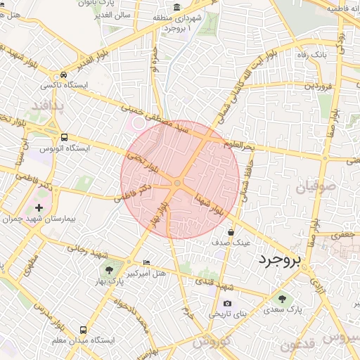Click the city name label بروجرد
click(279, 260)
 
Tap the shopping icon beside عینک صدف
click(231, 233)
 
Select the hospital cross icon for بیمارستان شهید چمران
click(39, 207)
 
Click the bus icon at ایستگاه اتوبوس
click(65, 138)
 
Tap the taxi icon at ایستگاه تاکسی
click(64, 75)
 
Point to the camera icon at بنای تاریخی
click(226, 304)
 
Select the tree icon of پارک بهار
click(108, 268)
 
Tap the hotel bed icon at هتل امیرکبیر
click(146, 262)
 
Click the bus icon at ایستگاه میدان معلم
click(84, 329)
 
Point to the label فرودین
click(316, 86)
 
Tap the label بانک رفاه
click(310, 55)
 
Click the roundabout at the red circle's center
click(177, 183)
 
